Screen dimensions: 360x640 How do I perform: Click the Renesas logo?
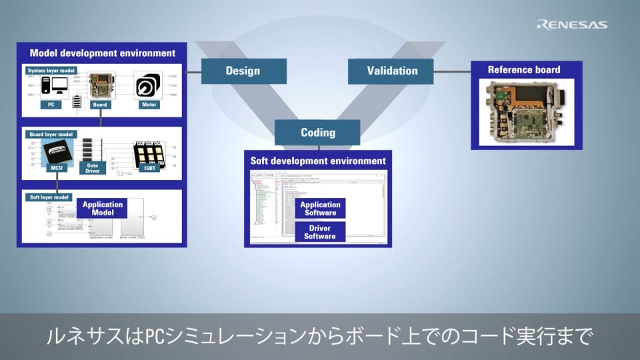click(x=571, y=25)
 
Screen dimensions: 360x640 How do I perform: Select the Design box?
click(x=243, y=71)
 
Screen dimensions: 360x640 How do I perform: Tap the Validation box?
click(x=391, y=71)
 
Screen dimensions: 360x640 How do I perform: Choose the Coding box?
click(x=317, y=132)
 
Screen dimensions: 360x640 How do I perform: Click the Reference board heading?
click(x=524, y=69)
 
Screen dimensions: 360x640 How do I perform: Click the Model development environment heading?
click(x=102, y=53)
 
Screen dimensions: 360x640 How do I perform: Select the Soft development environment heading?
click(x=318, y=161)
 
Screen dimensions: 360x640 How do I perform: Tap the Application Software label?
click(x=320, y=209)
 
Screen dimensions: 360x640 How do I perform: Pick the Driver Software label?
click(x=320, y=232)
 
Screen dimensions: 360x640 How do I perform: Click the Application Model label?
click(x=103, y=209)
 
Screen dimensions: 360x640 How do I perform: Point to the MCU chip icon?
click(x=55, y=154)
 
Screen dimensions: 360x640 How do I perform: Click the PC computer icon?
click(x=51, y=86)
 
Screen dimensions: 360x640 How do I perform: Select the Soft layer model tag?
click(x=48, y=197)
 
